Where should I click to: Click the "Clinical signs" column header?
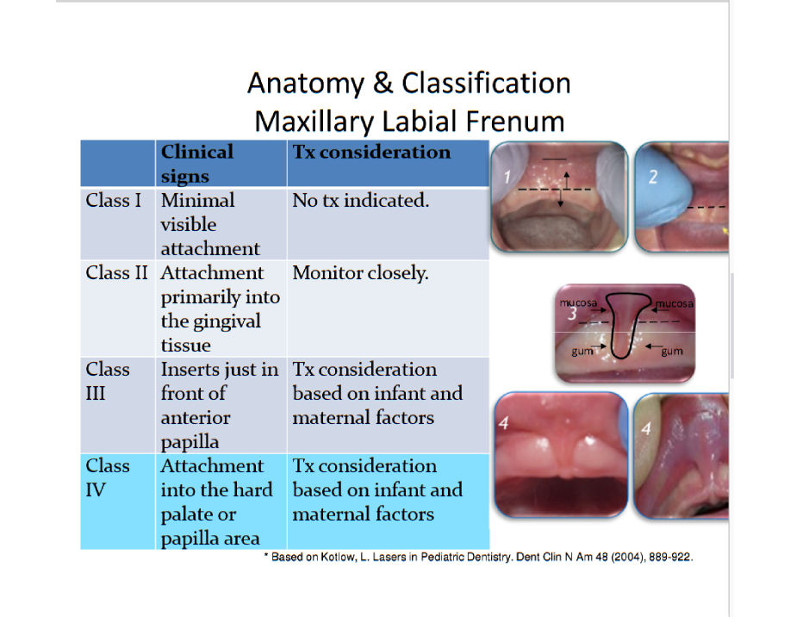click(x=197, y=164)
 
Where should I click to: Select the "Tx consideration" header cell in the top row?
click(x=372, y=152)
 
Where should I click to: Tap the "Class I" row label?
click(x=114, y=200)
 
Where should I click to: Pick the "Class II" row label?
click(x=116, y=272)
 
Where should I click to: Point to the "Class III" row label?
click(x=108, y=381)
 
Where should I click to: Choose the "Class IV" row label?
click(x=108, y=477)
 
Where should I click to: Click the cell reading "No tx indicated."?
click(x=361, y=200)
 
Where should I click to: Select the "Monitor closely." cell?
click(x=360, y=272)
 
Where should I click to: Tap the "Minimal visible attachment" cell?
click(x=210, y=224)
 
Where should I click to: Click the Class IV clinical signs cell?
click(x=216, y=502)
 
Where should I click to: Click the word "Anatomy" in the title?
click(x=305, y=84)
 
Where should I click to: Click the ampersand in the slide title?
click(x=383, y=84)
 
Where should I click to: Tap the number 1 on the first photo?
click(x=507, y=177)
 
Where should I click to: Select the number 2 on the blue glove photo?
click(x=653, y=177)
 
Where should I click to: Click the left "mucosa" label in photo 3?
click(x=578, y=303)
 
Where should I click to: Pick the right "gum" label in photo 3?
click(x=672, y=352)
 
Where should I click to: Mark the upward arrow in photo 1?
click(x=567, y=179)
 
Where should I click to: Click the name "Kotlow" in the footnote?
click(x=338, y=557)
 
